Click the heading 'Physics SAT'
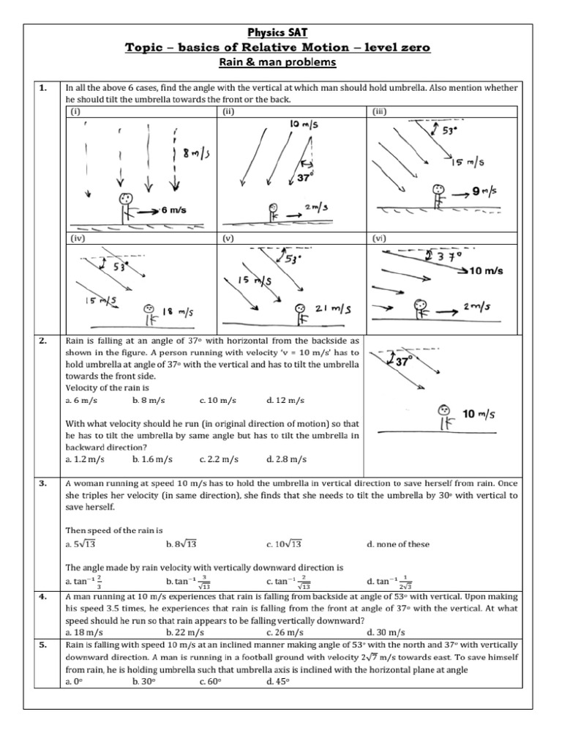tap(280, 33)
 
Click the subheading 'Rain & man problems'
tap(280, 62)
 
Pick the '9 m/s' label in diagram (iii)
tap(483, 192)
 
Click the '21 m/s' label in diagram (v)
tap(330, 311)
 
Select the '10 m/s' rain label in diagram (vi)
tap(486, 271)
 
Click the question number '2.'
tap(43, 341)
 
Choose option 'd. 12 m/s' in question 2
tap(286, 401)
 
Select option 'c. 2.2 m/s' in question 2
tap(219, 459)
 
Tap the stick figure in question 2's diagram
tap(443, 418)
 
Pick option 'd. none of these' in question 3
tap(398, 544)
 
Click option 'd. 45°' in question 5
tap(279, 681)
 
